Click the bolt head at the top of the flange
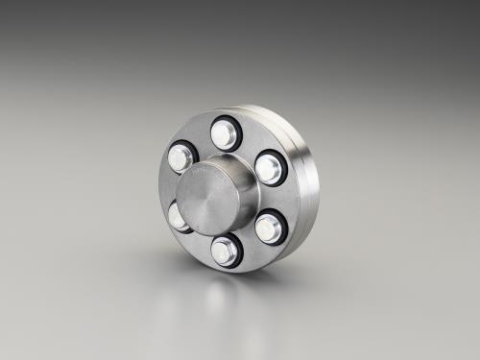pyautogui.click(x=225, y=133)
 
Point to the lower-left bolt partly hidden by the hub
pyautogui.click(x=179, y=216)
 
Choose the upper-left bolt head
pyautogui.click(x=181, y=156)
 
